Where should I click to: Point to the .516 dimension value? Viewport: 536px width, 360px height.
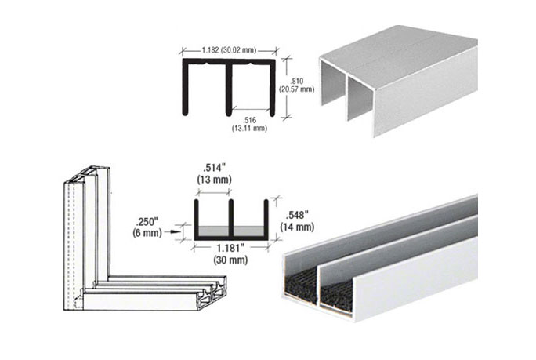[251, 118]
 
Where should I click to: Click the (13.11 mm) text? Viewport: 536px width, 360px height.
[251, 128]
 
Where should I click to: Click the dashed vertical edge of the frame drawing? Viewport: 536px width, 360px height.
[71, 235]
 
